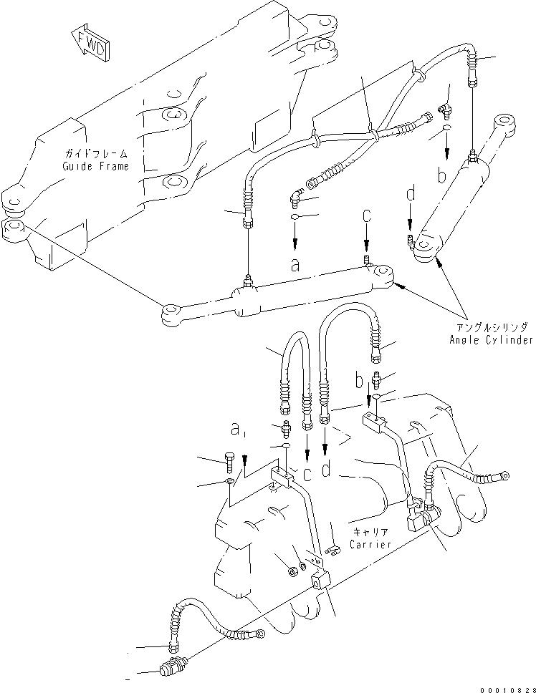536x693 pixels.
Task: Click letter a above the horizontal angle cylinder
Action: tap(295, 265)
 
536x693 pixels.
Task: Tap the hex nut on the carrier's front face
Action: tap(291, 570)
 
